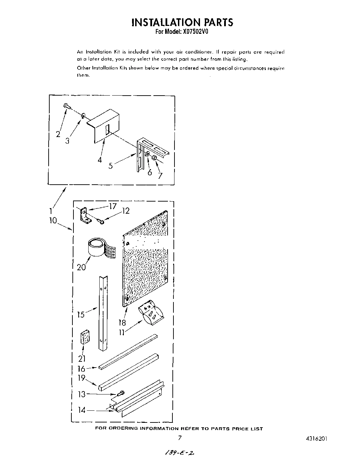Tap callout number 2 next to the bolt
[58, 134]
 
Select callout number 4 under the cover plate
[100, 160]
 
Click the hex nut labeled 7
[155, 158]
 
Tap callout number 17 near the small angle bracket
[113, 207]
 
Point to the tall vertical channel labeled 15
[103, 312]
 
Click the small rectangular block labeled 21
[84, 338]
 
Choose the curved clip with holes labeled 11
[151, 313]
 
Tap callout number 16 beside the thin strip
[81, 369]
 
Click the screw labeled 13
[121, 393]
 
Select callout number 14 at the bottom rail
[81, 410]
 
